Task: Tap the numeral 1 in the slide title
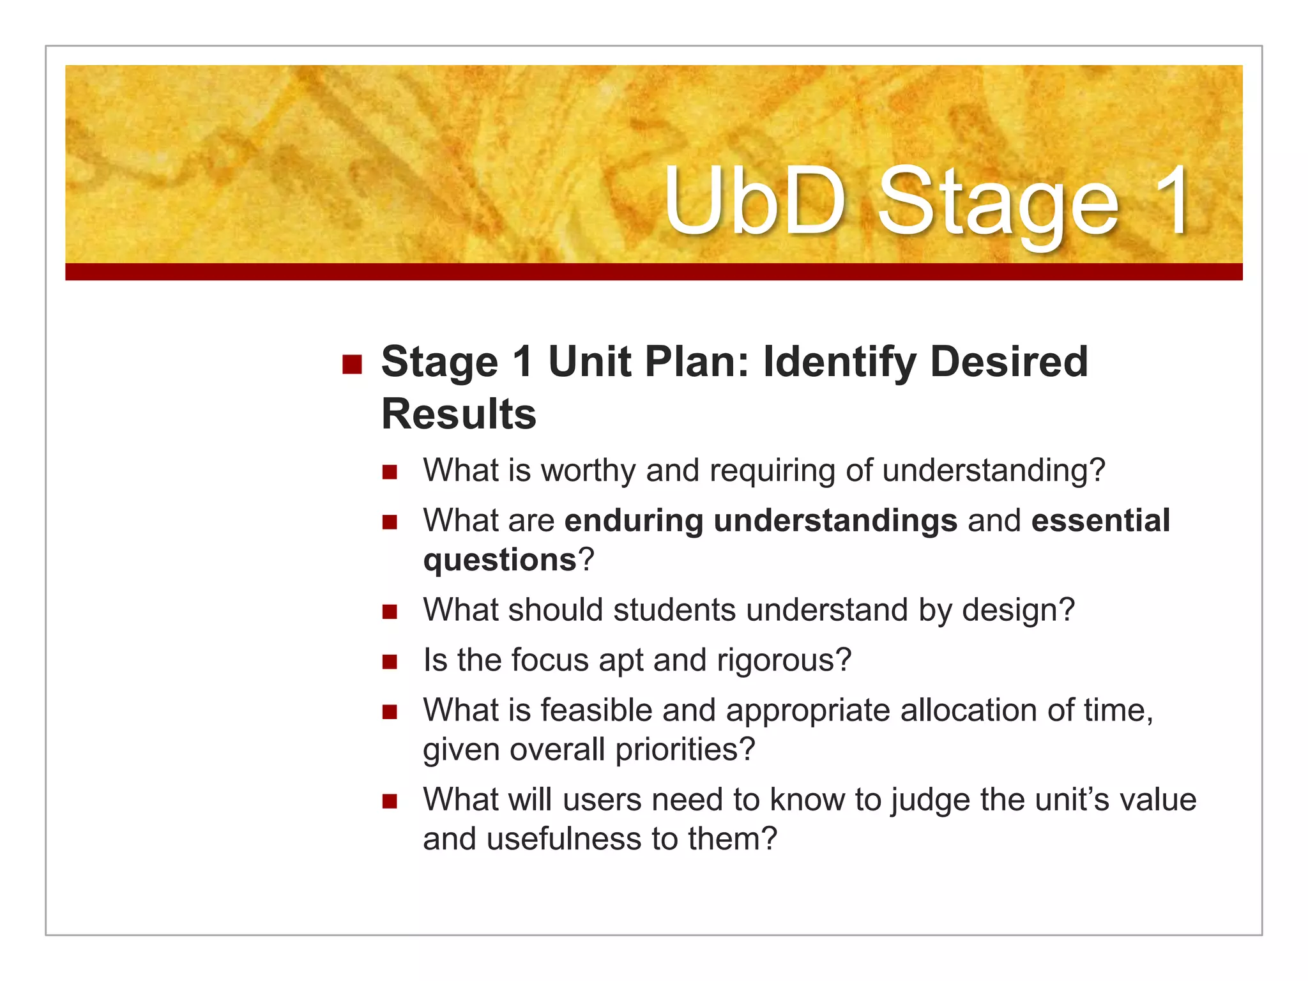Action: tap(1168, 201)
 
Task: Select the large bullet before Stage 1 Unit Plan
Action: tap(352, 365)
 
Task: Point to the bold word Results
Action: tap(459, 414)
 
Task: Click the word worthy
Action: tap(588, 471)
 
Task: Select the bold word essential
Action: tap(1100, 520)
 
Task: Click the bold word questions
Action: tap(500, 560)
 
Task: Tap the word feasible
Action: tap(595, 710)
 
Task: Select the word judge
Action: tap(931, 800)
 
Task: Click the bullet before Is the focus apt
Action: tap(390, 662)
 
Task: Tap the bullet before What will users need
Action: tap(390, 801)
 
